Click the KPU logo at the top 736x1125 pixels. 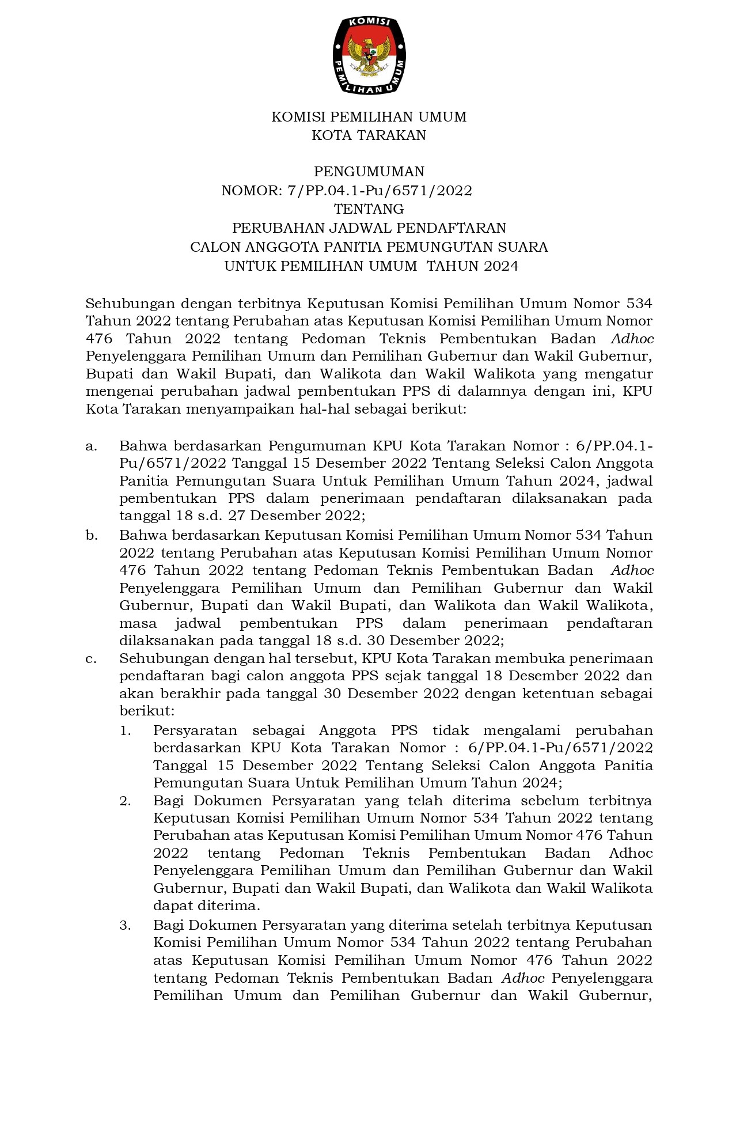(x=369, y=55)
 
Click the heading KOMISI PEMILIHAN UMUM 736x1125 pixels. (x=369, y=117)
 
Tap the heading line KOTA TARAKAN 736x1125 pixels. (x=369, y=135)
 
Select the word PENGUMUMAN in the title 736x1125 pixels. (x=369, y=172)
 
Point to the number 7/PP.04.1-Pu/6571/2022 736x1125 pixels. (x=380, y=191)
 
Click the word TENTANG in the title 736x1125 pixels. (x=369, y=209)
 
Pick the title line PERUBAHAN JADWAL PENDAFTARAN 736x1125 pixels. (x=369, y=228)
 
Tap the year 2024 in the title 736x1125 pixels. (x=501, y=266)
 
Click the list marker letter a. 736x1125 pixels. (x=90, y=446)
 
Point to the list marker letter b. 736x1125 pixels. (x=91, y=535)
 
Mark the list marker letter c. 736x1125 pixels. (x=90, y=658)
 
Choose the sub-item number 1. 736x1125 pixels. (x=126, y=730)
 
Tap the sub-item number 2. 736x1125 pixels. (x=126, y=801)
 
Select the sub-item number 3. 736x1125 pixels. (x=126, y=925)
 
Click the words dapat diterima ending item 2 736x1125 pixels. (x=206, y=906)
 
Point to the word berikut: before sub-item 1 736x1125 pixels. (x=146, y=711)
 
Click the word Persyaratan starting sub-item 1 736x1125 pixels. (x=195, y=730)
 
